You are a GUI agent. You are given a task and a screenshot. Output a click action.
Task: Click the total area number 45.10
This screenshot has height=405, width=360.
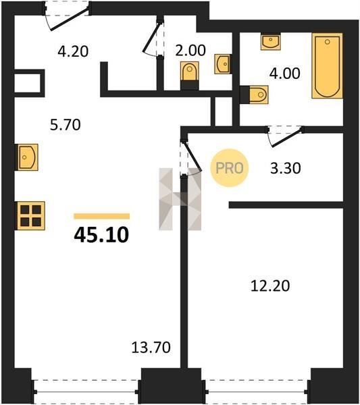click(x=101, y=236)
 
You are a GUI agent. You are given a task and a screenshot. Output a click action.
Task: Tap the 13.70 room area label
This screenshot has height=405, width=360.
click(x=151, y=348)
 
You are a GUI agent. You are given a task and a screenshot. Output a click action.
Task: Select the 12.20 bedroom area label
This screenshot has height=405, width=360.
click(x=270, y=286)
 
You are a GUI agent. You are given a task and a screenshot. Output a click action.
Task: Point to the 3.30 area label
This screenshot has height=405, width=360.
click(x=286, y=168)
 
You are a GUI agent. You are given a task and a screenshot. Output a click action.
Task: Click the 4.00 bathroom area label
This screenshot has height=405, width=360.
click(x=285, y=73)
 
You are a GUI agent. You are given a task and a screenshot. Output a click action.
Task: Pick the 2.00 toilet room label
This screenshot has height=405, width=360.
click(x=190, y=51)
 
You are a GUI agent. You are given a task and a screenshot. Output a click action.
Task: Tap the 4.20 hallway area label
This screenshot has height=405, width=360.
click(x=73, y=51)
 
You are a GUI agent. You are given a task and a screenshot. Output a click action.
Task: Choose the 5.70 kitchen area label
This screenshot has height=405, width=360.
click(x=66, y=124)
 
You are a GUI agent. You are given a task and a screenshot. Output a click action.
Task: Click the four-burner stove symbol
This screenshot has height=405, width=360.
click(x=31, y=216)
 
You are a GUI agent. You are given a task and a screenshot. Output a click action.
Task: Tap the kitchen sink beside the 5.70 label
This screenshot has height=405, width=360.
click(x=28, y=157)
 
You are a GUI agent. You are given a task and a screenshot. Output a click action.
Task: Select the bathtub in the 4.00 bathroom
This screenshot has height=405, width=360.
click(x=327, y=65)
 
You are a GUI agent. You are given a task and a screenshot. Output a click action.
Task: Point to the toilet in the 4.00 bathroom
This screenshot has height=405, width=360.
click(x=259, y=94)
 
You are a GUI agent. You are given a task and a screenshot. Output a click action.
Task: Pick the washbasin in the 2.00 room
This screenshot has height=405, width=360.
click(x=222, y=64)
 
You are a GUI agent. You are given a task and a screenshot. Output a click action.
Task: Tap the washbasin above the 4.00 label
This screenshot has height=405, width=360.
click(x=270, y=41)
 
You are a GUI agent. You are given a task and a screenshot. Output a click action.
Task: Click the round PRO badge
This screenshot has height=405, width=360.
click(x=229, y=168)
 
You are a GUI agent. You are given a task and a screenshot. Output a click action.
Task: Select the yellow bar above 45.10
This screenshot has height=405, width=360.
click(x=102, y=216)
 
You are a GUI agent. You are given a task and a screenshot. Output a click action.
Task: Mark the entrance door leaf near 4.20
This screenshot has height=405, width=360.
click(x=70, y=20)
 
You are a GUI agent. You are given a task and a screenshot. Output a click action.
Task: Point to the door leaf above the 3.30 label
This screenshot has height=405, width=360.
click(x=286, y=138)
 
